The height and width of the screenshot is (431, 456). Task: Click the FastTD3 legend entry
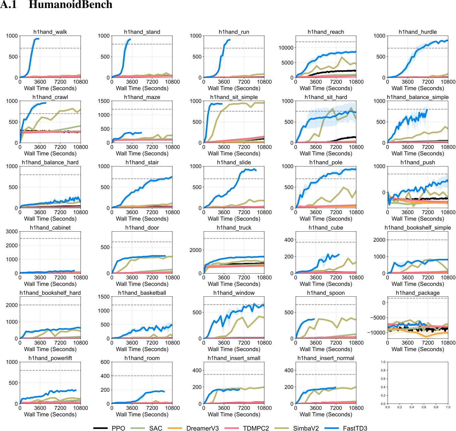point(355,428)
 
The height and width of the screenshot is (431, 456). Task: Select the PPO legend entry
point(118,428)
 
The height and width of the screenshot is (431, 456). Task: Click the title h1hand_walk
point(50,32)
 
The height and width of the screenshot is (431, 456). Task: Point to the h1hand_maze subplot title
point(142,97)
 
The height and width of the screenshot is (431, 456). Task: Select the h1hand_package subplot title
point(418,293)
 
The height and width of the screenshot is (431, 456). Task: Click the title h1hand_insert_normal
point(326,358)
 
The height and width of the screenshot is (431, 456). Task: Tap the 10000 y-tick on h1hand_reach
point(286,48)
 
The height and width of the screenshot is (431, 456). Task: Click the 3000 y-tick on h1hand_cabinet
point(12,231)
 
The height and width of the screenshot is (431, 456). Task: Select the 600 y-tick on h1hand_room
point(105,362)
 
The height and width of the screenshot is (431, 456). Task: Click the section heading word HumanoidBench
point(70,5)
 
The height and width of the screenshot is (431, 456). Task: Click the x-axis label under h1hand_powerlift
point(50,414)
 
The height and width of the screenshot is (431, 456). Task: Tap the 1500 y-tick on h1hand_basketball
point(104,297)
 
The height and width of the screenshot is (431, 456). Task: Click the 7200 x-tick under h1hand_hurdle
point(428,82)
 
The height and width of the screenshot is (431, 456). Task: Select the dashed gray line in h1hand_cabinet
point(50,238)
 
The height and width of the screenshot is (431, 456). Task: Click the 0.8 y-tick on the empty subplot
point(383,370)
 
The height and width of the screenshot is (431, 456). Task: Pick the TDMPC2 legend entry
point(256,428)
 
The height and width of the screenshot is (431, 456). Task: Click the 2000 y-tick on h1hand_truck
point(196,250)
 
